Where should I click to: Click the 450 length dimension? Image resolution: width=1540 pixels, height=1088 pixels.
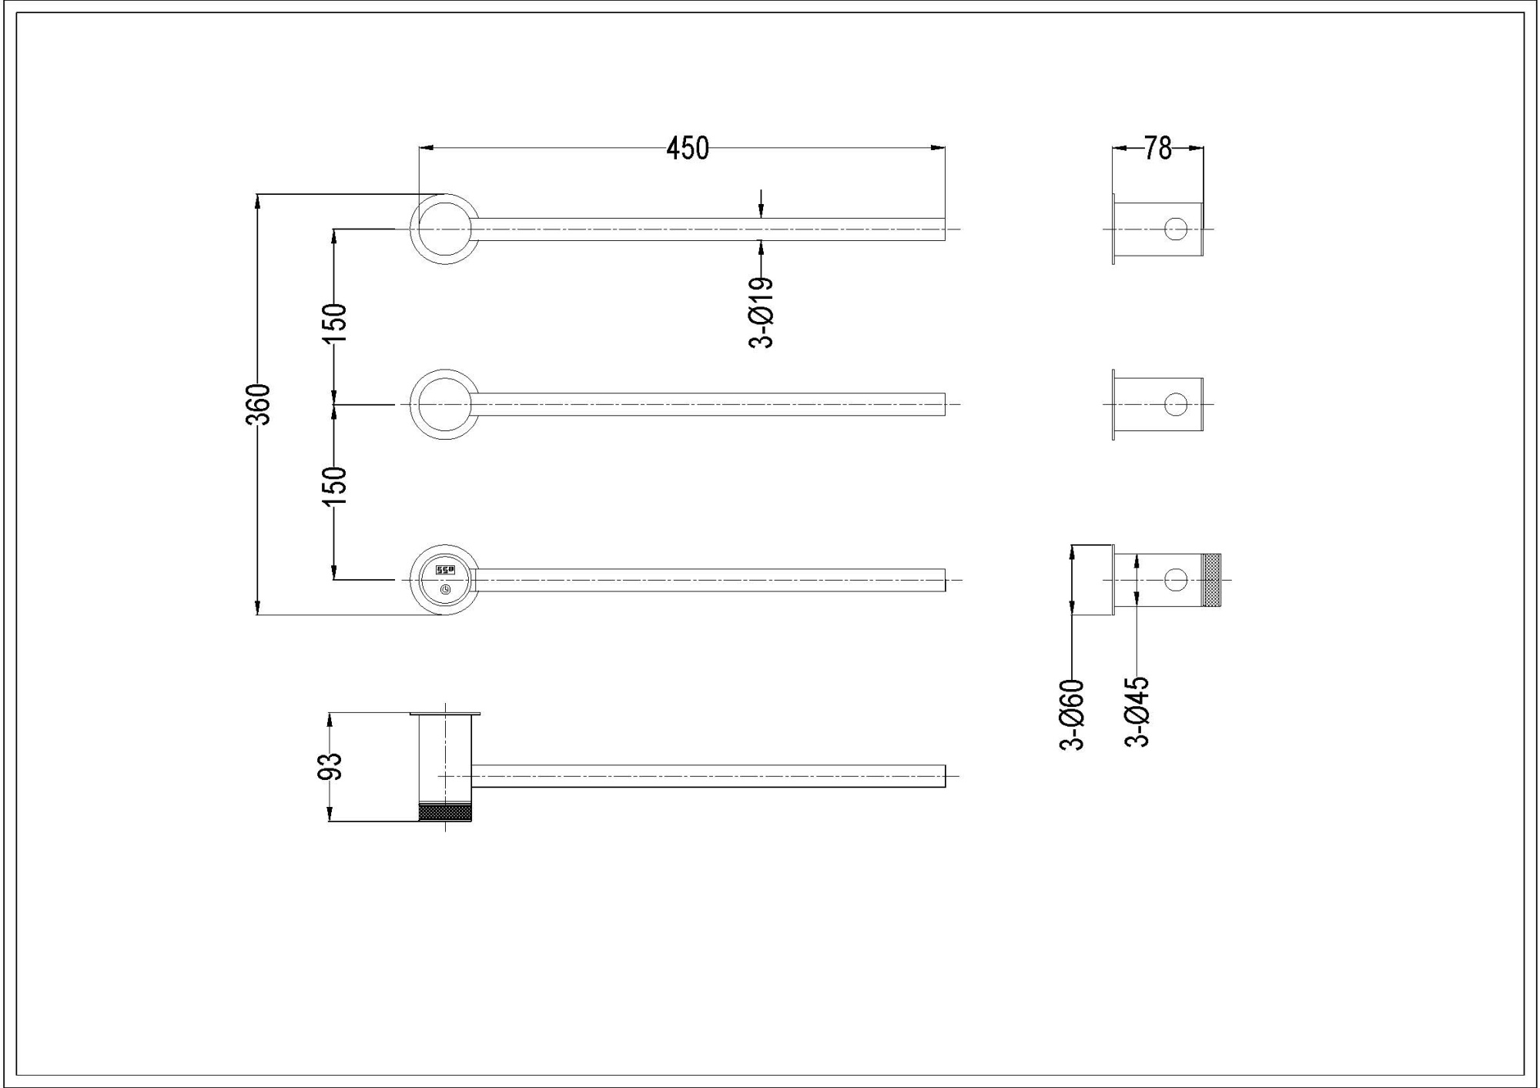(687, 148)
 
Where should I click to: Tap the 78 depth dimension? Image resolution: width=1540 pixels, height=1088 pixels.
(1157, 148)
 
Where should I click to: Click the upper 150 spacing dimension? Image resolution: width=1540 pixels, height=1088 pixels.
(335, 323)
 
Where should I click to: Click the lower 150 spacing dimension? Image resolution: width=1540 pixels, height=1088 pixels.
(335, 486)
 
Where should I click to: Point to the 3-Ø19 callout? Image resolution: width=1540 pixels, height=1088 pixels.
(761, 313)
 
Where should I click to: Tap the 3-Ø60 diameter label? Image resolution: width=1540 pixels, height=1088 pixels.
(1072, 714)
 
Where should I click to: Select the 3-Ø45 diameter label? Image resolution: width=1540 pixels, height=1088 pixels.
(1137, 711)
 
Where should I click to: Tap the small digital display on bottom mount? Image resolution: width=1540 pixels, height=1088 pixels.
(446, 570)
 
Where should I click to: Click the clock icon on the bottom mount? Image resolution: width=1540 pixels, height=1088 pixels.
(446, 590)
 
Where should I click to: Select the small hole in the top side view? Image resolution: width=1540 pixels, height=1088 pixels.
(1175, 229)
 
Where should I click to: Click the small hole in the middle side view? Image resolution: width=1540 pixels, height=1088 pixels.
(1175, 404)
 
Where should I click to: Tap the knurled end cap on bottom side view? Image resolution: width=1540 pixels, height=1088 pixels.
(1212, 579)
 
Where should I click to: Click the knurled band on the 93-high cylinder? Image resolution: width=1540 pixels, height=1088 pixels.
(444, 812)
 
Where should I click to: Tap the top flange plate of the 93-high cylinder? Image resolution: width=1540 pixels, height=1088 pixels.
(444, 714)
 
